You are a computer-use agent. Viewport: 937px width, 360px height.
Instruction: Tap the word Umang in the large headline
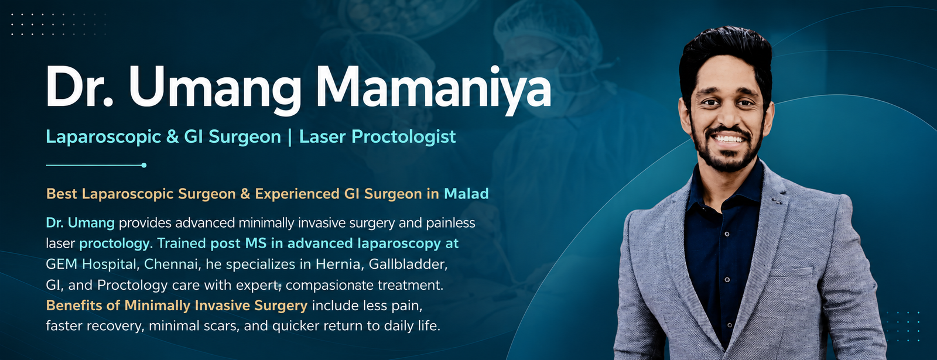[x=215, y=90]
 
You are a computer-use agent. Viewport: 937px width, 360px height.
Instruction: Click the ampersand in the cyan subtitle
[x=172, y=137]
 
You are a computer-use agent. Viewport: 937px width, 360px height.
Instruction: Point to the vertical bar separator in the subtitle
[x=290, y=137]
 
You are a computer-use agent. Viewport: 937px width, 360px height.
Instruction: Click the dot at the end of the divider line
[x=144, y=165]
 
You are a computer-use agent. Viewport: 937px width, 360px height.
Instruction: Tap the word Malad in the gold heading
[x=466, y=194]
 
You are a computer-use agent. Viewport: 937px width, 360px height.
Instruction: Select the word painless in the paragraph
[x=450, y=223]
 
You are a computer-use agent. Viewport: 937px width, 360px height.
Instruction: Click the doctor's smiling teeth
[x=729, y=139]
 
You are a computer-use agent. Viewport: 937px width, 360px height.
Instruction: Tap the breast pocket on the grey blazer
[x=791, y=272]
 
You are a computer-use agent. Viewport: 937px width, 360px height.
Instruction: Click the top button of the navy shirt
[x=727, y=234]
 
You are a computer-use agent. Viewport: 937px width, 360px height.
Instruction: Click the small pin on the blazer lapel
[x=777, y=201]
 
